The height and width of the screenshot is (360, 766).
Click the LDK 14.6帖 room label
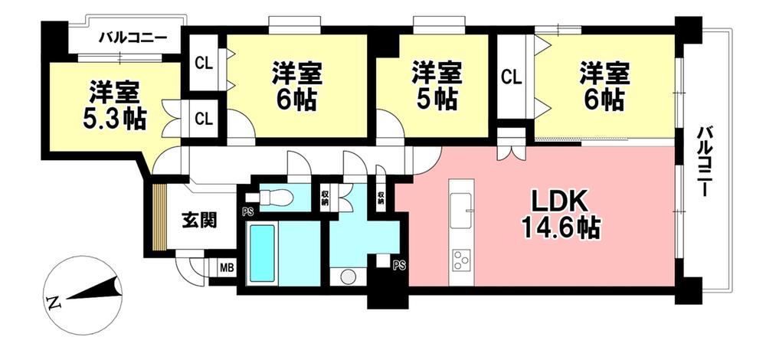(561, 213)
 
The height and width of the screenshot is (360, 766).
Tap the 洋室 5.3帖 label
(115, 106)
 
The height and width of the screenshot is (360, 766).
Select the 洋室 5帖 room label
(434, 85)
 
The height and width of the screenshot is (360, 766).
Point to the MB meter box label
(226, 267)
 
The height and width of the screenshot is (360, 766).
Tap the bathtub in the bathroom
(262, 253)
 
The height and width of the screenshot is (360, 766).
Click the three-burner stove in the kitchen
(461, 260)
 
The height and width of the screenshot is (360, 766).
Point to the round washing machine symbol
(347, 277)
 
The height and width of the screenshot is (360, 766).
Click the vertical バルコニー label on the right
(702, 161)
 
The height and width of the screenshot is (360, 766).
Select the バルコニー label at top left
(133, 37)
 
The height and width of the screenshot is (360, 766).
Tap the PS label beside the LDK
(399, 265)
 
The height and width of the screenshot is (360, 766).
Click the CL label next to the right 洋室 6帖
(512, 76)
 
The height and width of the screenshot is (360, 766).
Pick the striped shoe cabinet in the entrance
(159, 217)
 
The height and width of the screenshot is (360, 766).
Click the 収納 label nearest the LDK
(381, 197)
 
